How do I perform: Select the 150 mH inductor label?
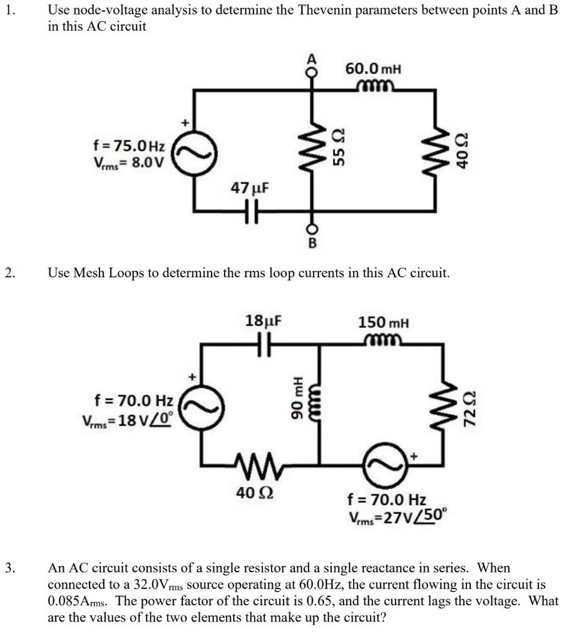(x=383, y=323)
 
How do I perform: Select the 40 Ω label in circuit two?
(x=253, y=493)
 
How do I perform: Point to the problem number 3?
(x=9, y=568)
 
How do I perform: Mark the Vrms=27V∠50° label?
(x=397, y=518)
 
